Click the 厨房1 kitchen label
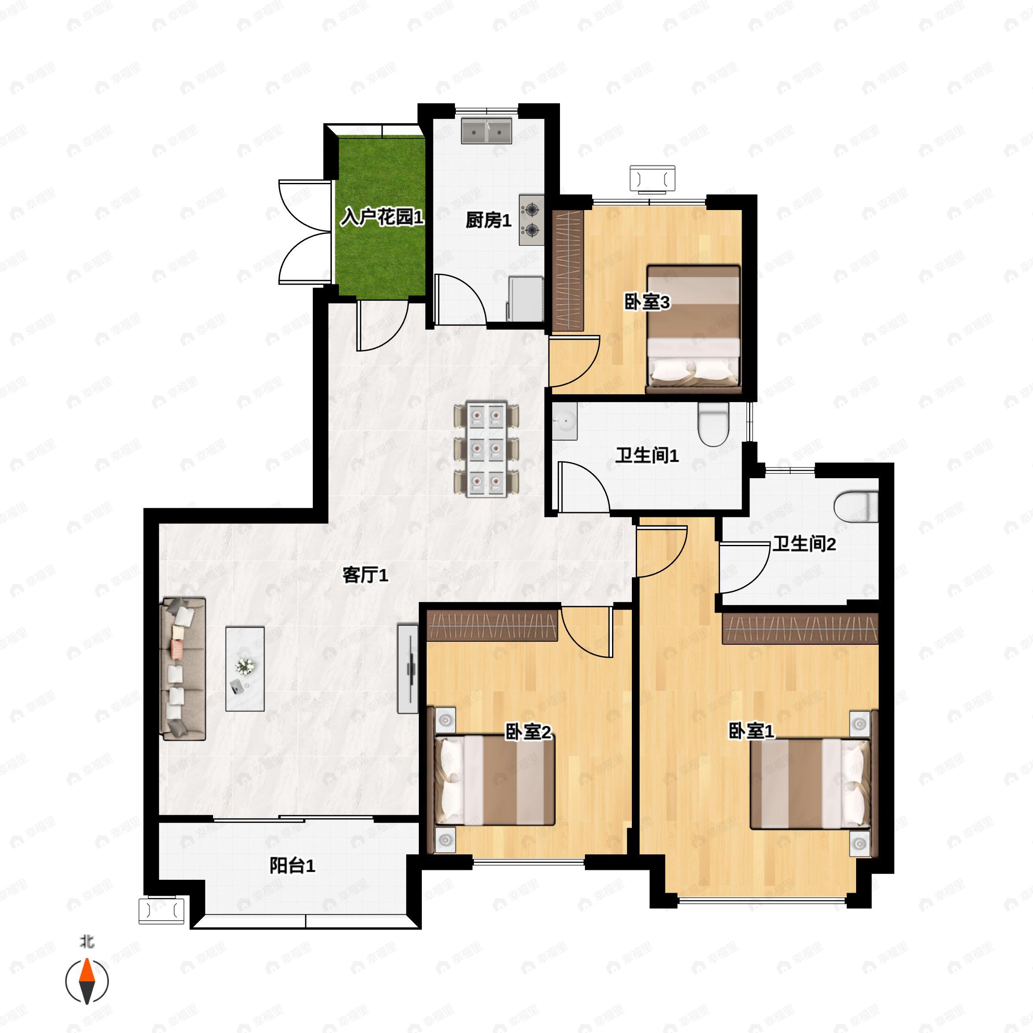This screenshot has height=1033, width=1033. click(x=488, y=220)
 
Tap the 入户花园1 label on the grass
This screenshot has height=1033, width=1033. click(x=383, y=217)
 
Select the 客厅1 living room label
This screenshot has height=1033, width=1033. click(x=365, y=575)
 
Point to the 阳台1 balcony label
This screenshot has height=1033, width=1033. click(x=292, y=866)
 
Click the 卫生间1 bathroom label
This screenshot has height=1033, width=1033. click(x=647, y=455)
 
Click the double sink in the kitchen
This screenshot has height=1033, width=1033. click(x=486, y=131)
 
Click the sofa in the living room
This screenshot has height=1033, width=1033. click(x=183, y=669)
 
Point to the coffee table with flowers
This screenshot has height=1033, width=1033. click(x=245, y=669)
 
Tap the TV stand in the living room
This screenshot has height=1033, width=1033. click(x=408, y=668)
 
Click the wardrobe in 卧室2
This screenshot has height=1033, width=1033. click(x=492, y=625)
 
